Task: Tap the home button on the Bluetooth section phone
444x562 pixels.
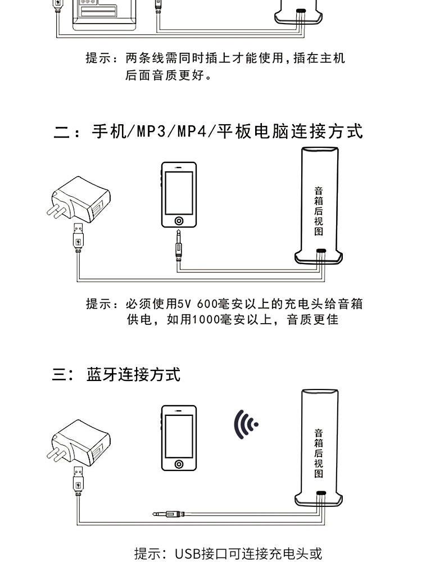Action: click(x=179, y=464)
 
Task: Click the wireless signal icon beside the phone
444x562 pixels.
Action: click(x=246, y=424)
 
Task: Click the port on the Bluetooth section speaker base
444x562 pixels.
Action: click(x=320, y=493)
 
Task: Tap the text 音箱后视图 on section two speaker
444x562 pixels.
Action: click(x=319, y=210)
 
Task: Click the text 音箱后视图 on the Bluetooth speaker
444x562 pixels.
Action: click(x=319, y=453)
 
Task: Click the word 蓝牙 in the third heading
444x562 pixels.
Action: click(x=102, y=374)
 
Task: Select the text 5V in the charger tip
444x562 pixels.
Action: click(x=185, y=304)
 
